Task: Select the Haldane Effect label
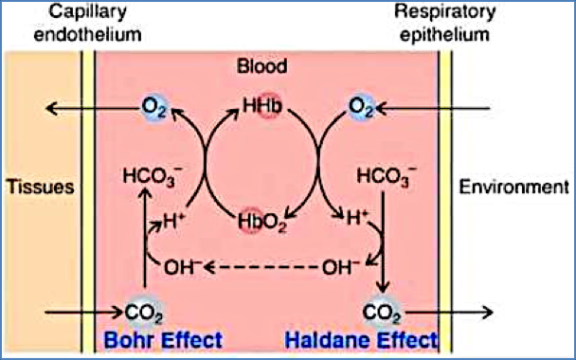377,338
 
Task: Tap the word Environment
513,187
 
